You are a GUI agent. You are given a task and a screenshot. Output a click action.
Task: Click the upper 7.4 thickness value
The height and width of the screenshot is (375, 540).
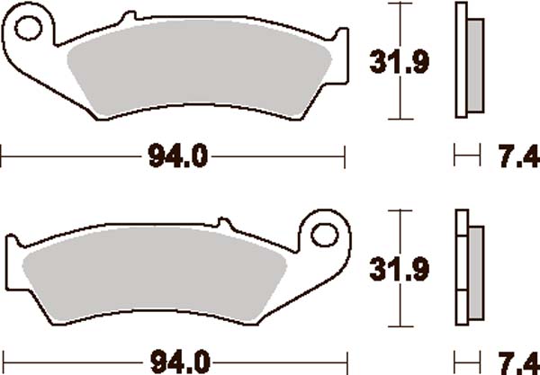point(515,158)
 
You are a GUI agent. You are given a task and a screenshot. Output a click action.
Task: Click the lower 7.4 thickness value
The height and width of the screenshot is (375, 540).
point(515,364)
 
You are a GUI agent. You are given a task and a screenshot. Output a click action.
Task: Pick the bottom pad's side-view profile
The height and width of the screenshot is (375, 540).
point(463,267)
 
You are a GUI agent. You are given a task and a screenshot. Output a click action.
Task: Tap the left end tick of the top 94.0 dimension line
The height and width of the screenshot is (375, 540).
point(3,158)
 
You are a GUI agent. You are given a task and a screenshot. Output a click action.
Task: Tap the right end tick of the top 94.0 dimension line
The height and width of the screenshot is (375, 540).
point(346,158)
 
